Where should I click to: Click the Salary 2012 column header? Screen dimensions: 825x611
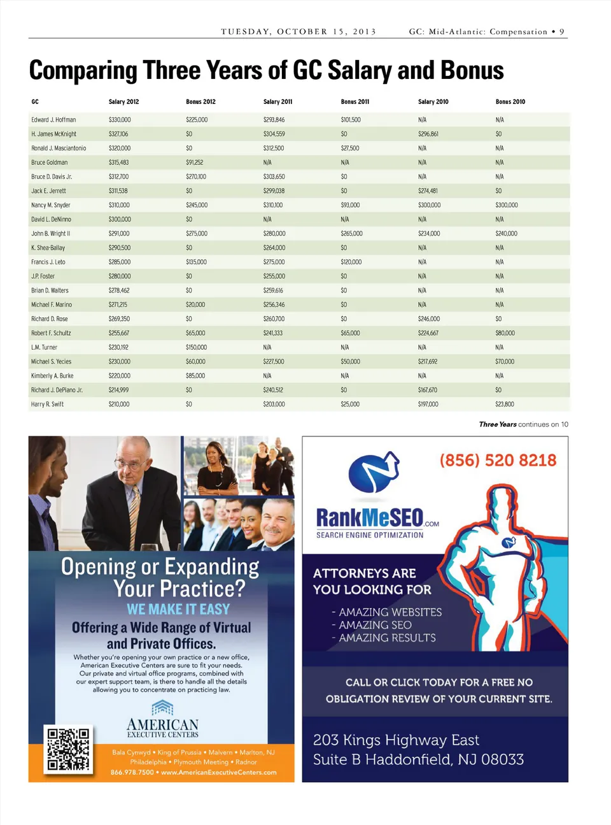click(x=123, y=102)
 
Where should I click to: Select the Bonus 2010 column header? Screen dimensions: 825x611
click(x=510, y=102)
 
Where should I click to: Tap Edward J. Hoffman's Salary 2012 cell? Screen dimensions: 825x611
click(x=120, y=120)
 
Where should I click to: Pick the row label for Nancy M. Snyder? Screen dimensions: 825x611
click(x=51, y=205)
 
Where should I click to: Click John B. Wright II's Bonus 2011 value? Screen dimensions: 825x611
click(x=351, y=234)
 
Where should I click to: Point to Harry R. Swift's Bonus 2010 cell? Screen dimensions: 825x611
click(x=504, y=405)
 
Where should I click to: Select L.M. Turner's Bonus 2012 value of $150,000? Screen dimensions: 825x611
click(x=196, y=348)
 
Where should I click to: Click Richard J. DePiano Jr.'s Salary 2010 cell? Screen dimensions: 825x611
click(x=427, y=390)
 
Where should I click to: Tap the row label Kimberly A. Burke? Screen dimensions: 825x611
click(x=52, y=376)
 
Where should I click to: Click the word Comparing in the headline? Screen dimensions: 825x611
click(x=83, y=71)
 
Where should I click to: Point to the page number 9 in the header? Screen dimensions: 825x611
click(x=562, y=32)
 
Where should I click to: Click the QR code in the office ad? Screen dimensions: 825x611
click(x=68, y=749)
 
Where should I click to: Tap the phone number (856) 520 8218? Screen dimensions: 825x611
click(x=498, y=461)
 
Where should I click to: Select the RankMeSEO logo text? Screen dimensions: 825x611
click(x=370, y=517)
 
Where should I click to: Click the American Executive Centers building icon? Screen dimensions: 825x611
click(x=162, y=707)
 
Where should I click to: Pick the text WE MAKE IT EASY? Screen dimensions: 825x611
click(x=178, y=610)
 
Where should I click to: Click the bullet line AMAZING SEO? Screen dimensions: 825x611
click(x=375, y=625)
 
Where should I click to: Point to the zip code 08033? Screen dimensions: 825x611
click(x=502, y=759)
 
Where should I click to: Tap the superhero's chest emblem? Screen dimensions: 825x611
click(x=509, y=543)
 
